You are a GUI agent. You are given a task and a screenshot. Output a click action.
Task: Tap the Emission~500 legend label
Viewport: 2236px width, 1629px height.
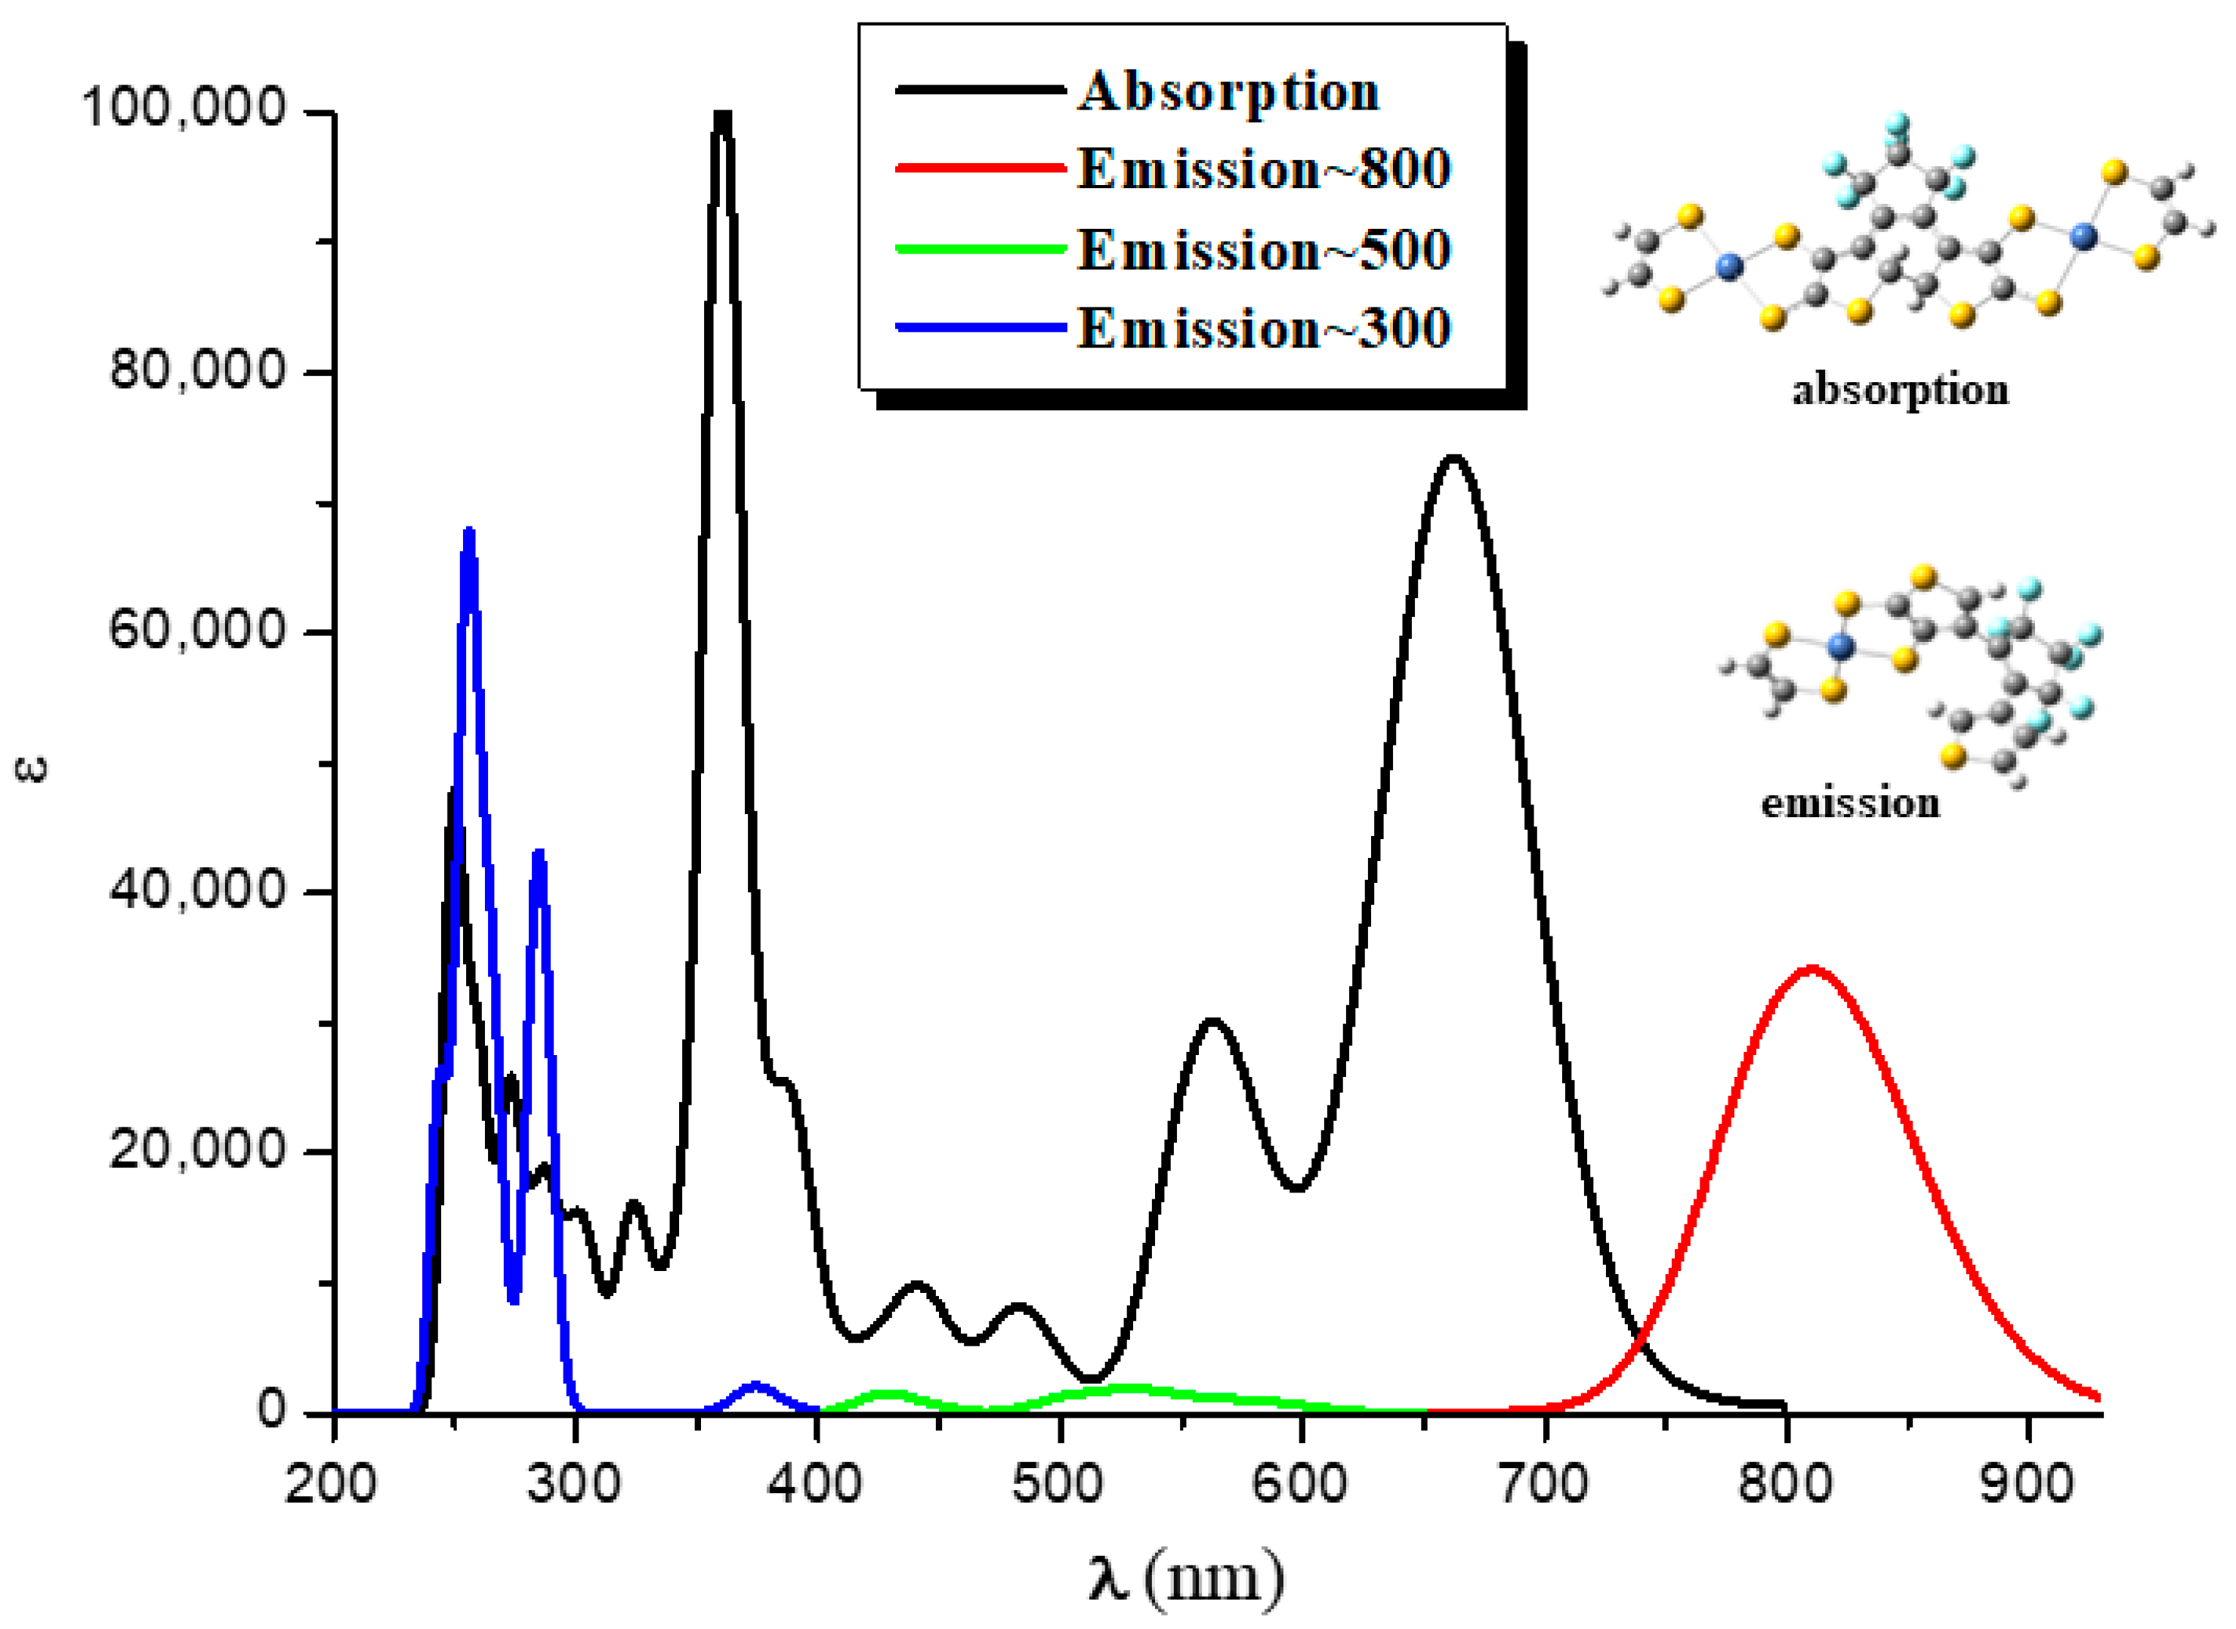click(x=1264, y=248)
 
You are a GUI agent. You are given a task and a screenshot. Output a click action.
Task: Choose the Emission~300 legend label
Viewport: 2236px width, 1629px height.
click(x=1264, y=329)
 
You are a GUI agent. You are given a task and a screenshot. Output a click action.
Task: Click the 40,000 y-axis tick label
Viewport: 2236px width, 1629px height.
click(x=197, y=890)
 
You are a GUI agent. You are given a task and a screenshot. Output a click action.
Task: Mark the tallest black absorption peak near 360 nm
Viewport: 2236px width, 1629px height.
click(x=723, y=116)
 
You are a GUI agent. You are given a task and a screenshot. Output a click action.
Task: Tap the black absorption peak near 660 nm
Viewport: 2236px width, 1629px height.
click(x=1453, y=458)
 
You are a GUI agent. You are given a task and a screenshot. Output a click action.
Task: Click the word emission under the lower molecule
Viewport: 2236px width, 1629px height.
click(x=1850, y=803)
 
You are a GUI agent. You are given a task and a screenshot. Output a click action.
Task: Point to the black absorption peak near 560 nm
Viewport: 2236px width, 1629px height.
click(x=1212, y=1022)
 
